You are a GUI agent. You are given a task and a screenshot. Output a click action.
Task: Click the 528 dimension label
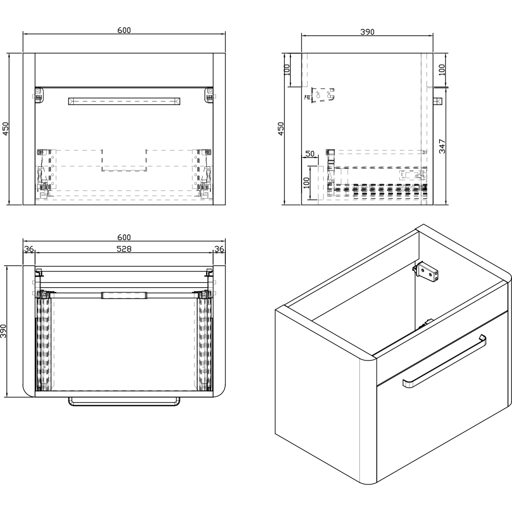tap(124, 249)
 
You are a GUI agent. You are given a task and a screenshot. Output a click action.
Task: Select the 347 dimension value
tap(442, 146)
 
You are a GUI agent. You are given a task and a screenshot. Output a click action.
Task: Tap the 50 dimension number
tap(310, 154)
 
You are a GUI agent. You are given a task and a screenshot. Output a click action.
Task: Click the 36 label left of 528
tap(29, 249)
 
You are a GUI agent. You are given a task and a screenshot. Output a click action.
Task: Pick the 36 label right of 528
tap(219, 249)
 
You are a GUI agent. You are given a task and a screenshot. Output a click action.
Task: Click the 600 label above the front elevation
tap(124, 30)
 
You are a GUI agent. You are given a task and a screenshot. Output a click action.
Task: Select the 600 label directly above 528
tap(124, 238)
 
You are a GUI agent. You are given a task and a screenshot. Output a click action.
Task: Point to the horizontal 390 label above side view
tap(367, 32)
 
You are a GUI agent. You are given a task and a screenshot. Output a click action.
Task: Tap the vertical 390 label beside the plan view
tap(4, 331)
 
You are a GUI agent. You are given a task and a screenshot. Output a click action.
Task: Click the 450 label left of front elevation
tap(6, 129)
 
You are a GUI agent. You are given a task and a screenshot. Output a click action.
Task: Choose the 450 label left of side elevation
tap(281, 129)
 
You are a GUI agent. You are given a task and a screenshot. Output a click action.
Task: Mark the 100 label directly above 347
tap(442, 70)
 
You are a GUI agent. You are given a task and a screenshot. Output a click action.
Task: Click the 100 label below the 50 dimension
tap(306, 183)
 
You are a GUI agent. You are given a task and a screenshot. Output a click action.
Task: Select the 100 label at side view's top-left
tap(287, 70)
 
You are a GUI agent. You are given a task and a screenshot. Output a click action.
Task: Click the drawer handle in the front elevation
tap(124, 101)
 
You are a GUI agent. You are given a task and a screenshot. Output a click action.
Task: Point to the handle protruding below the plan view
tap(124, 401)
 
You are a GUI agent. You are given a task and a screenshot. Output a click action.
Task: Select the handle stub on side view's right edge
tap(437, 101)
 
